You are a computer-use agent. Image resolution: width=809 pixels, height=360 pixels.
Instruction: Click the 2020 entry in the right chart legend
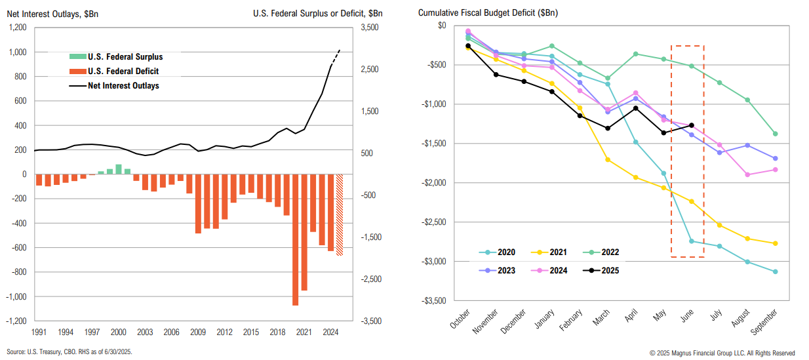coord(502,252)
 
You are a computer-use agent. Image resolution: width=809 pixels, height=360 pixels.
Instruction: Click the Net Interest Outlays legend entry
coord(123,85)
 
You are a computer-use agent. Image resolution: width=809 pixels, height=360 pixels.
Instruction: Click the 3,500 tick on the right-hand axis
coord(370,28)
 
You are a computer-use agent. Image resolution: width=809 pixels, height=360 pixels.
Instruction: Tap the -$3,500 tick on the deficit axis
coord(432,301)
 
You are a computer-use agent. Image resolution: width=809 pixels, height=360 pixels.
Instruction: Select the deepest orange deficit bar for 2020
coord(295,240)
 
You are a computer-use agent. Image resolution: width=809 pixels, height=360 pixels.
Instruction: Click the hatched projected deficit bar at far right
coord(340,214)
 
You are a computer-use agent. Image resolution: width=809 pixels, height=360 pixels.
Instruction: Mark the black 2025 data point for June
coord(692,125)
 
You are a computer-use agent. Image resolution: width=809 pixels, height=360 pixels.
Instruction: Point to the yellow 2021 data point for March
coord(608,159)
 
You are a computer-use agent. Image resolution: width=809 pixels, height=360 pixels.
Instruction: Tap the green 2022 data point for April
coord(635,54)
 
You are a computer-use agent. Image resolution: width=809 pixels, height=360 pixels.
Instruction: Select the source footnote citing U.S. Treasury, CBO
coord(69,352)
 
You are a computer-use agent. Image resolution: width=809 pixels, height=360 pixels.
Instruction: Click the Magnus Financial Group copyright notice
coord(721,352)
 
